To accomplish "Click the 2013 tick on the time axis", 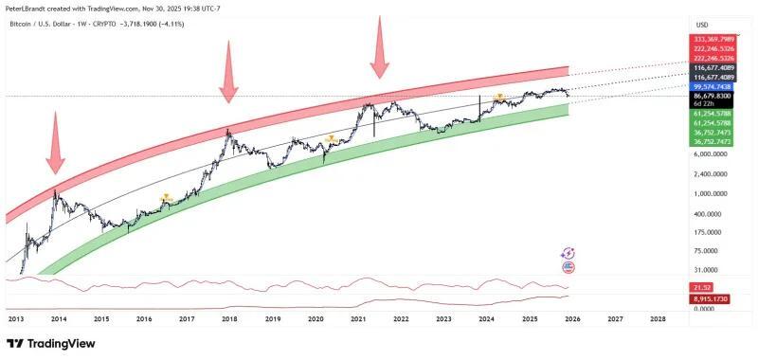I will tap(16, 320).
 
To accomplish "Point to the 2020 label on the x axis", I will tap(316, 320).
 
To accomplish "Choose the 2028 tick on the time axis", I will tap(658, 320).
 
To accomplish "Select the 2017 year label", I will tap(187, 320).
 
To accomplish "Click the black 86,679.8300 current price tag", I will tap(713, 97).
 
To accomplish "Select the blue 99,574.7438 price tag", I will tap(713, 85).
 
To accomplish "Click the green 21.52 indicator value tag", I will tap(702, 287).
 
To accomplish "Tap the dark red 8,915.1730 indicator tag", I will tap(713, 298).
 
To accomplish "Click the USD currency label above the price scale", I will tap(702, 25).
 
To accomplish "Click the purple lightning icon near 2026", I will tap(568, 254).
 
